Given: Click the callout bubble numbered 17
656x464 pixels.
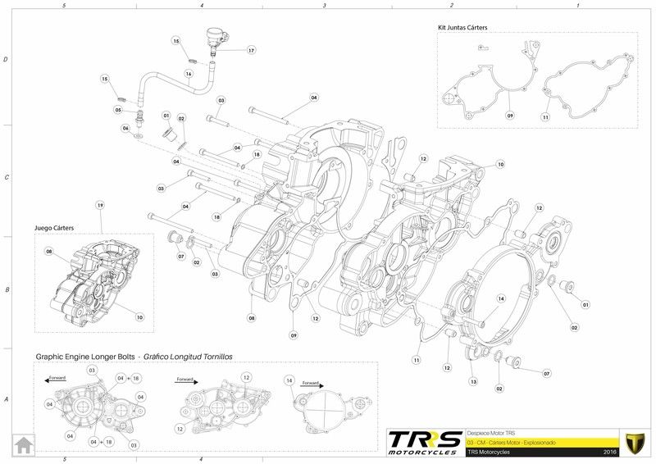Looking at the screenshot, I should (x=251, y=51).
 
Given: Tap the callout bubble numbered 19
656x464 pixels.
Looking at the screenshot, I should (x=100, y=204).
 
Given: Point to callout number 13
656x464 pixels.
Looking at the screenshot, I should (x=473, y=382).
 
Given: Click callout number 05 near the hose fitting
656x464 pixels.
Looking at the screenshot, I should (x=119, y=110).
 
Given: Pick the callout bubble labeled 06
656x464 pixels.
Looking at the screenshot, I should (x=126, y=128).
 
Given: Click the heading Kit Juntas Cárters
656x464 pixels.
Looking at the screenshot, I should (x=463, y=27).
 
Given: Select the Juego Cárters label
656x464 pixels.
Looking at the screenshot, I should (x=54, y=229).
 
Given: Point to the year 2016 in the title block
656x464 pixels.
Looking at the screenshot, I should (x=609, y=452).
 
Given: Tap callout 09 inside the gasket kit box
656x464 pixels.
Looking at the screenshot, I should (x=509, y=116).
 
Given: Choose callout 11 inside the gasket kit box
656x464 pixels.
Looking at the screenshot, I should (x=545, y=117).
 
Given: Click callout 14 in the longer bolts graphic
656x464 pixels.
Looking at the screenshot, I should (x=289, y=380).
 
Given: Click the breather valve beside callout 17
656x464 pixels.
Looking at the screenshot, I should (x=215, y=37).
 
